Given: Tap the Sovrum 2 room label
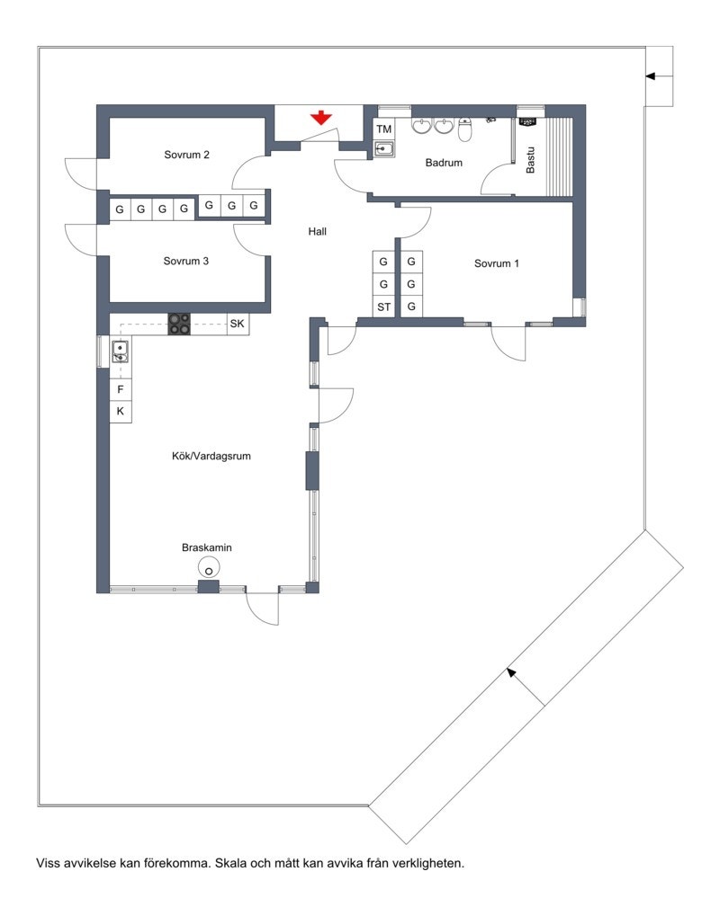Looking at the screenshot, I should click(x=187, y=155).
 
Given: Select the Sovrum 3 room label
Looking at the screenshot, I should click(x=186, y=262).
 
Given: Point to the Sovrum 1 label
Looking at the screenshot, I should click(x=497, y=263).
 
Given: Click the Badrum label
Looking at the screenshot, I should click(x=444, y=163).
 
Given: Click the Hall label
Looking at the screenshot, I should click(x=317, y=231).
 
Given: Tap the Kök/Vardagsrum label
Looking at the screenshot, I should click(x=211, y=456).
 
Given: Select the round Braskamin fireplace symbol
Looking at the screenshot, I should click(x=209, y=567).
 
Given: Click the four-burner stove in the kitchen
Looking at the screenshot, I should click(x=179, y=324).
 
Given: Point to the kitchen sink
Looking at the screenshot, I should click(x=120, y=351).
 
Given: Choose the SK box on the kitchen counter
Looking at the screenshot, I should click(x=237, y=324).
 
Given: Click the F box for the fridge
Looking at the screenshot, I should click(x=121, y=390).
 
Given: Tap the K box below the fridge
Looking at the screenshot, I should click(x=121, y=412).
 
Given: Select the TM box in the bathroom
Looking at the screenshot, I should click(x=384, y=130).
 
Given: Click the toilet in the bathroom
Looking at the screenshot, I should click(x=465, y=129).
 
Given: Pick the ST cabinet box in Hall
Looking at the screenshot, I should click(x=384, y=307).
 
